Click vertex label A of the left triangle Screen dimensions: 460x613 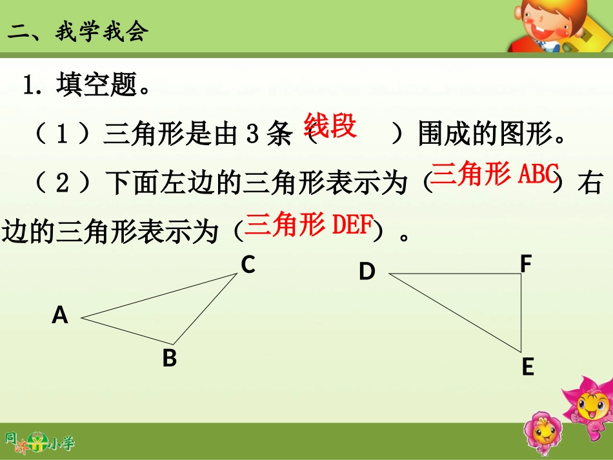click(60, 315)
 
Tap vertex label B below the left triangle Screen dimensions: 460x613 click(170, 358)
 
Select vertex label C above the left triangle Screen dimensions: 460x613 click(248, 265)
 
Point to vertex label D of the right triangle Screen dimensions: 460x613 click(367, 272)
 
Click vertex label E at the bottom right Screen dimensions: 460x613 click(528, 367)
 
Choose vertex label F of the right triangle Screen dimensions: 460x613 click(526, 264)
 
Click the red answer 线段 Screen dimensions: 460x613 click(330, 126)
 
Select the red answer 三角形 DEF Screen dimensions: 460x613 click(310, 224)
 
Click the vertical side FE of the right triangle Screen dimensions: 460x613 click(521, 313)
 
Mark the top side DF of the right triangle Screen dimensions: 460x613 click(456, 274)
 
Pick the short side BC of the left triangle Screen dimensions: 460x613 click(205, 308)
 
